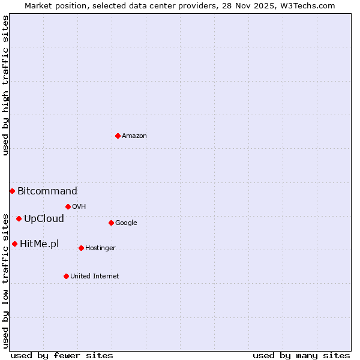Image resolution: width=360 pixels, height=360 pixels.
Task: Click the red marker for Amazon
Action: click(118, 136)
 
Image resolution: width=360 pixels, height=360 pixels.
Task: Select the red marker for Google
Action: click(111, 223)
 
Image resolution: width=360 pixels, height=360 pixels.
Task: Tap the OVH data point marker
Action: click(68, 206)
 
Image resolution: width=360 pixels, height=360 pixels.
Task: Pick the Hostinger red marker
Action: click(81, 248)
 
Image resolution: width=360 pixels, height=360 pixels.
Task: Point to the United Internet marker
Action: click(66, 276)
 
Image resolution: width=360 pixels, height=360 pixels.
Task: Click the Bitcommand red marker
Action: click(12, 191)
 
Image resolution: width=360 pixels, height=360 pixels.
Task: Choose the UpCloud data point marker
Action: click(19, 218)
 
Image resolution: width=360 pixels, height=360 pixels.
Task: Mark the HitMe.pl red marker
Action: click(14, 244)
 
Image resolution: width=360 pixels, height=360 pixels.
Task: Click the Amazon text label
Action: click(134, 136)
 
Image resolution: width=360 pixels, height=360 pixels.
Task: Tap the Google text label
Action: click(126, 223)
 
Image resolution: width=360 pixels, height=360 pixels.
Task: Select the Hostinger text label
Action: click(100, 248)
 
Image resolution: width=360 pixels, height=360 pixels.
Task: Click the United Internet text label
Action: click(95, 277)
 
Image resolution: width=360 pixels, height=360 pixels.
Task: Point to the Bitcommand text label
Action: click(47, 191)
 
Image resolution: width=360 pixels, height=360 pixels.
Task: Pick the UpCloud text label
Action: click(44, 219)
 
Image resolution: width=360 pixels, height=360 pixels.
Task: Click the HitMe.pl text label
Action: click(40, 244)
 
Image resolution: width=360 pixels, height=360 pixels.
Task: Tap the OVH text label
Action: click(79, 207)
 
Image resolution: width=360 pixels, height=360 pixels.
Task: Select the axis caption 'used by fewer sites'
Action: click(62, 355)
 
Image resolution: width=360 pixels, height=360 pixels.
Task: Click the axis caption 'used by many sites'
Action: click(301, 355)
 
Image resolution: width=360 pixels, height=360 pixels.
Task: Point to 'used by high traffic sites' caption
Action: click(5, 85)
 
